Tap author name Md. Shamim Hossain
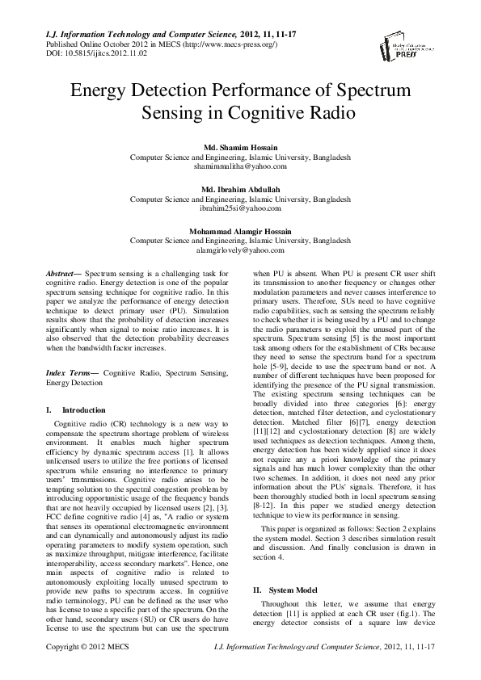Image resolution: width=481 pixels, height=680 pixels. pyautogui.click(x=240, y=147)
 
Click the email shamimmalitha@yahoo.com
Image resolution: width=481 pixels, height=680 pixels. pyautogui.click(x=240, y=166)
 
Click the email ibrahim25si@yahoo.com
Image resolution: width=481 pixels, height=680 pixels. pyautogui.click(x=240, y=208)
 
